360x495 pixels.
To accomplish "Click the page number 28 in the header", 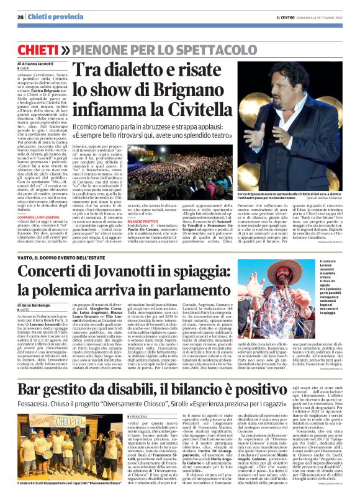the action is click(x=21, y=17).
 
